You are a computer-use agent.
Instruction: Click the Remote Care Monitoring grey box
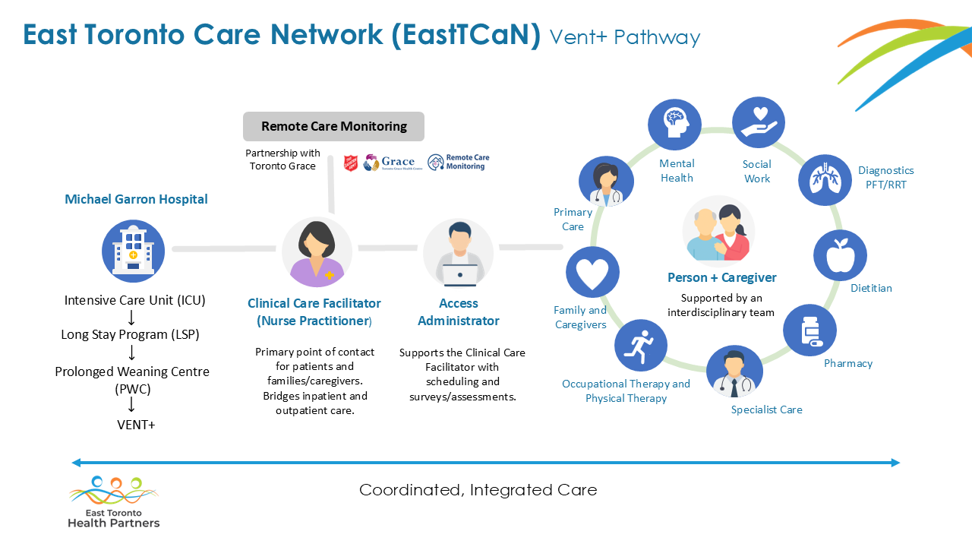(x=333, y=126)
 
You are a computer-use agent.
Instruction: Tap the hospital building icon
(x=133, y=251)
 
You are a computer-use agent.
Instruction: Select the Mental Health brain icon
(x=674, y=124)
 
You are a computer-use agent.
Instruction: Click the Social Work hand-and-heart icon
(x=759, y=122)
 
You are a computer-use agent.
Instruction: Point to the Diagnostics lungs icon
(x=825, y=180)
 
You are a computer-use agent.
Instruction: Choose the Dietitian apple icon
(x=840, y=255)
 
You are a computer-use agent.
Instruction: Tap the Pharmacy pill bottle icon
(x=809, y=330)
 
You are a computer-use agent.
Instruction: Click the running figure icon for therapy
(x=641, y=346)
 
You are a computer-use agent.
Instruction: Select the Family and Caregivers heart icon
(x=592, y=272)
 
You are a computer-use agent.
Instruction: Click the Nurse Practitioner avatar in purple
(x=317, y=252)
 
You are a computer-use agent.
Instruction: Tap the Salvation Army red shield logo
(x=351, y=163)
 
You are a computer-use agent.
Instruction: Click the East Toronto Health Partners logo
(x=114, y=502)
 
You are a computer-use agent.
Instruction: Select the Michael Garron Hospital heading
(x=136, y=199)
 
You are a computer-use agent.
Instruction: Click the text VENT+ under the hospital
(x=136, y=425)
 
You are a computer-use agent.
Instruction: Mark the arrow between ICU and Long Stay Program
(x=131, y=318)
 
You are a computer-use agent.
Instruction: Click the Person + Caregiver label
(x=722, y=277)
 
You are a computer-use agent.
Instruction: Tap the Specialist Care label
(x=767, y=409)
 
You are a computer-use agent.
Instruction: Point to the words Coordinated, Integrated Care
(x=478, y=490)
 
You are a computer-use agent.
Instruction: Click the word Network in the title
(x=327, y=34)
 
